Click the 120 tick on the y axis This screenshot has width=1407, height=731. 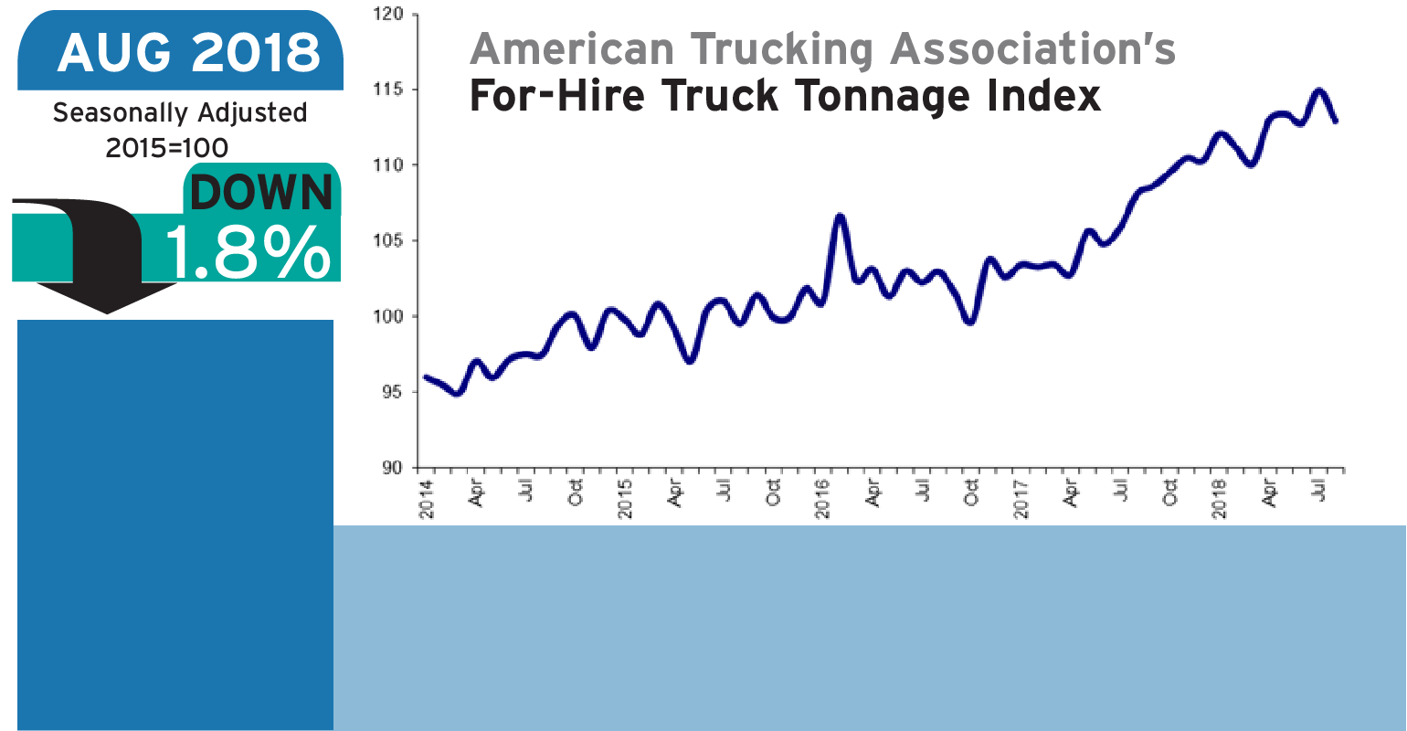(x=390, y=15)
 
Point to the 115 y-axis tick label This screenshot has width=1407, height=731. (x=390, y=90)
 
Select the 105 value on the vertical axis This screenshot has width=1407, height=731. (x=390, y=241)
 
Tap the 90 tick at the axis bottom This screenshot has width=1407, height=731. (x=394, y=468)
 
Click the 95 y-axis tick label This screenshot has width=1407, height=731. (x=394, y=392)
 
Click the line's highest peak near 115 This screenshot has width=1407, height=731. (x=1318, y=90)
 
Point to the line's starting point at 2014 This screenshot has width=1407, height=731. (x=427, y=377)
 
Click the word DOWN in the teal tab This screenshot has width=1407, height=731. (x=262, y=193)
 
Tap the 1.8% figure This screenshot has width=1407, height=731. (x=247, y=251)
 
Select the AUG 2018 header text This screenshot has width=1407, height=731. (x=189, y=53)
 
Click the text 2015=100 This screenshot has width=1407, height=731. (x=166, y=147)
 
